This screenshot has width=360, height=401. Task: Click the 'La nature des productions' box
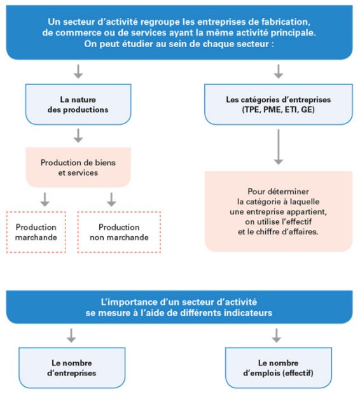point(78,104)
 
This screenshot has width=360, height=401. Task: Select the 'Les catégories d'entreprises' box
point(279,104)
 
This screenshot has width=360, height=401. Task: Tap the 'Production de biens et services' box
point(78,167)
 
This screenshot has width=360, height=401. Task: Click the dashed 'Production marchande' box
point(36,232)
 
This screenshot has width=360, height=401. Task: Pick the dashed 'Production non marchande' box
point(119,232)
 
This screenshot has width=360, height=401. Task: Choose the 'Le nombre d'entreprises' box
point(72,368)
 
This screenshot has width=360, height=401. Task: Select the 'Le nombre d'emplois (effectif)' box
point(278,368)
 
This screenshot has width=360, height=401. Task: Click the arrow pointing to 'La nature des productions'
point(78,71)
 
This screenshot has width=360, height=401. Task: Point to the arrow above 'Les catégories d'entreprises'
point(279,71)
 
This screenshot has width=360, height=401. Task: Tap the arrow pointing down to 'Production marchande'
point(45,200)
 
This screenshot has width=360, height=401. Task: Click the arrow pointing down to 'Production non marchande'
point(111,200)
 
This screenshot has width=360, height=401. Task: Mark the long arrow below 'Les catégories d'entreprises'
point(279,147)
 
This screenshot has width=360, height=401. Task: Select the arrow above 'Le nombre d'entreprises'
point(71,335)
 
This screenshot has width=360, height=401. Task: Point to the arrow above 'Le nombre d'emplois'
point(277,335)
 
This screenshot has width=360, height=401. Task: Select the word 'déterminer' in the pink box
point(291,192)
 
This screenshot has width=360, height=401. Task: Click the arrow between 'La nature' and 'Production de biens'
point(78,136)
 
